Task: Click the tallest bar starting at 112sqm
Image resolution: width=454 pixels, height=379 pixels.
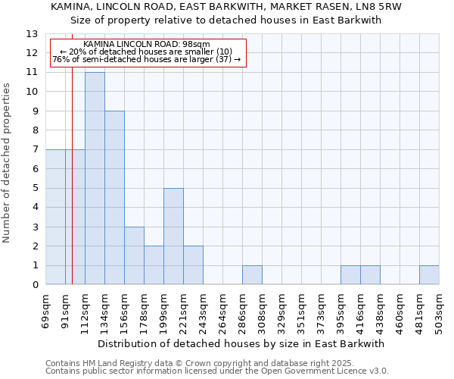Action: coord(95,178)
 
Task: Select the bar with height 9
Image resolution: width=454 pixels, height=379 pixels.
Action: coord(114,198)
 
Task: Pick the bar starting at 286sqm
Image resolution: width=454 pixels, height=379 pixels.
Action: coord(252,275)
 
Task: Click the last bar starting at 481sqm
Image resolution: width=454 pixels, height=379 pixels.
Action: coord(429,275)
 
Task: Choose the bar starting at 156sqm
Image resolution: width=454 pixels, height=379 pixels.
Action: coord(134,255)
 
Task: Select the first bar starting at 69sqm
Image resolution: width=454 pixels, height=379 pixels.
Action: coord(55,217)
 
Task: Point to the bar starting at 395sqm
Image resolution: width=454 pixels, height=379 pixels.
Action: coord(350,275)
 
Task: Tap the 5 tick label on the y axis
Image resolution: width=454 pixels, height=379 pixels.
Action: coord(35,189)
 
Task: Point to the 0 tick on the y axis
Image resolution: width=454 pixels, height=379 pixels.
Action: coord(35,285)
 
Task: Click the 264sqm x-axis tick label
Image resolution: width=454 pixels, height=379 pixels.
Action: coord(222,310)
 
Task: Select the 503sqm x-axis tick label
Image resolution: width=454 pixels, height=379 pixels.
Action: coord(439,310)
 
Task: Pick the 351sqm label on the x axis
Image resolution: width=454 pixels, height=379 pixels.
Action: coord(301,310)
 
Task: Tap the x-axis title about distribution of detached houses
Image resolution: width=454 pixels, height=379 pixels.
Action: coord(242,343)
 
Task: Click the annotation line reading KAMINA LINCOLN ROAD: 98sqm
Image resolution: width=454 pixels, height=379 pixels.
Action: coord(147,45)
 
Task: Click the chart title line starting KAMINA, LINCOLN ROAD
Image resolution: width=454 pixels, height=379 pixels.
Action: coord(226,7)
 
